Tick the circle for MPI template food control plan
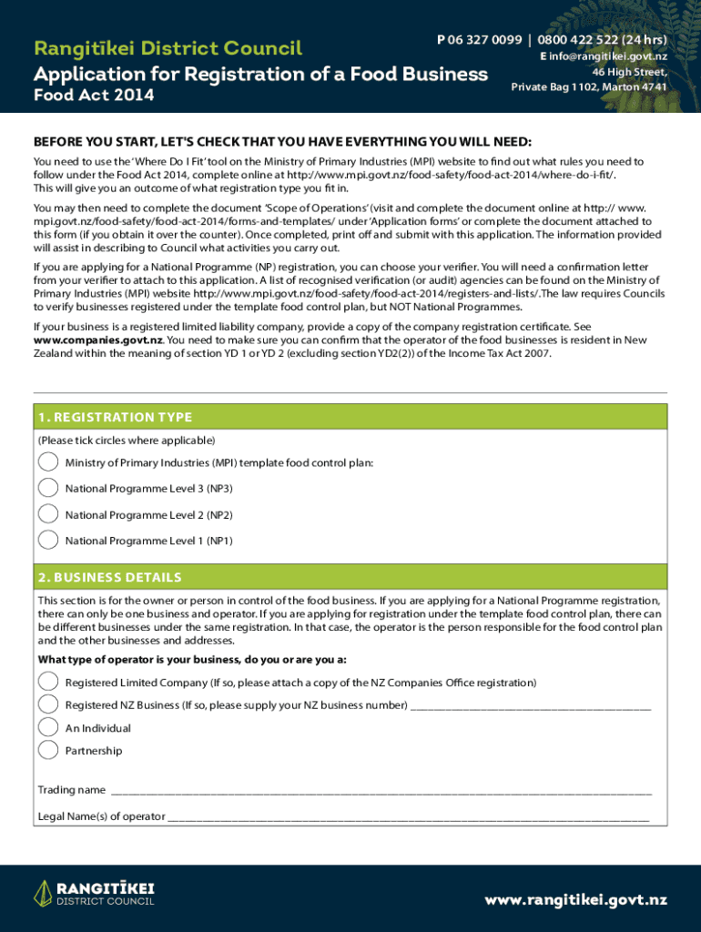47,462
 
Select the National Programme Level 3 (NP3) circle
47,489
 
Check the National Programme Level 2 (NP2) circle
47,514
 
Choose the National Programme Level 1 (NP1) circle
47,540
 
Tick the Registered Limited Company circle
47,682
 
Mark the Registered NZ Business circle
47,704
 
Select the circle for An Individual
47,727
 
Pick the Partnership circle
47,750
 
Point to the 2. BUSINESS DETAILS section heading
109,577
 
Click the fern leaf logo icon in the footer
42,894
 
